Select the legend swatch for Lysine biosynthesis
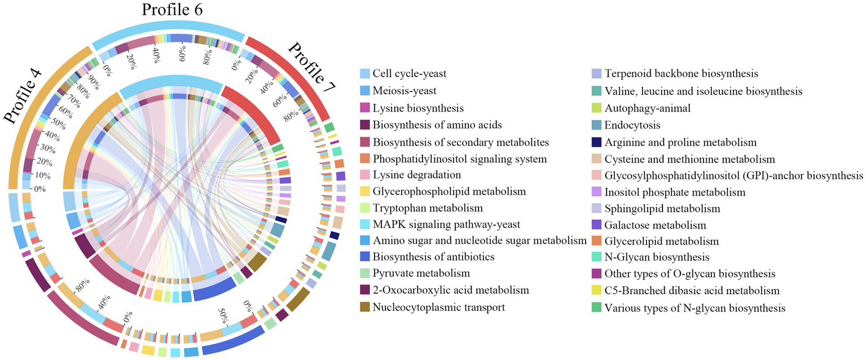365,107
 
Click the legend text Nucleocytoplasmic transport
438,308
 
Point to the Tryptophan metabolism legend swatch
365,208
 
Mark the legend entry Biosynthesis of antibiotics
433,257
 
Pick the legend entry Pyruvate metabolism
421,274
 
